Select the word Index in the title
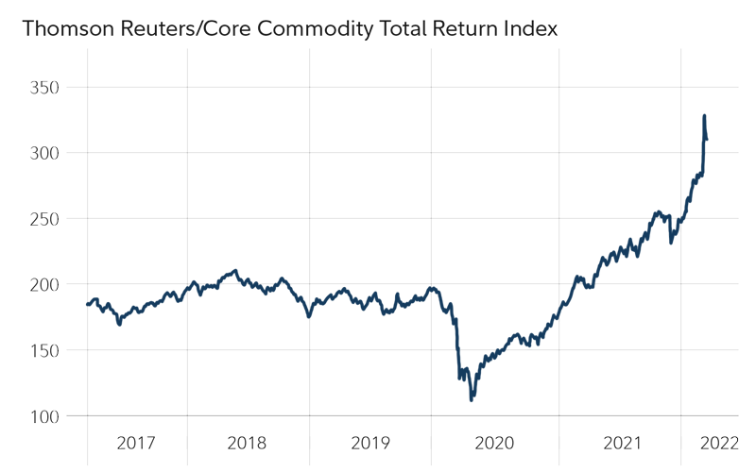(532, 30)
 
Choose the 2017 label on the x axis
(136, 443)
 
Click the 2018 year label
(248, 443)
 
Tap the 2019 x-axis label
(369, 443)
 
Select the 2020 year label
(494, 443)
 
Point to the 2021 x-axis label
(620, 443)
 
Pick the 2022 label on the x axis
(718, 443)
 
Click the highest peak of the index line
(704, 116)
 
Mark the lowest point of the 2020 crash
(472, 398)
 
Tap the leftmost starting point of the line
(87, 305)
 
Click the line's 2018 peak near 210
(235, 271)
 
